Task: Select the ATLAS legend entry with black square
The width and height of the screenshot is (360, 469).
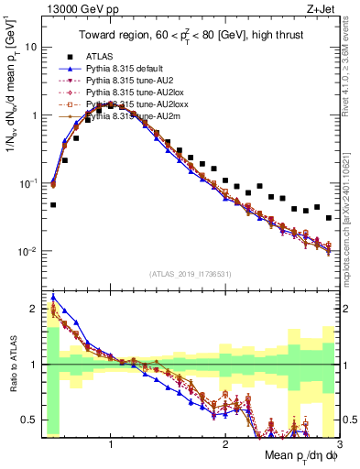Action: (111, 56)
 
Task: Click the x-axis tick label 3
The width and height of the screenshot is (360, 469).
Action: (338, 443)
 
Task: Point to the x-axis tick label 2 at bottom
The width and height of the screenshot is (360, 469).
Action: (225, 443)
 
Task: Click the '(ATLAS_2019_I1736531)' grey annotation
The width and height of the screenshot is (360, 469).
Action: (191, 274)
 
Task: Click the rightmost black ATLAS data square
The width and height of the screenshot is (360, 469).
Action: (329, 218)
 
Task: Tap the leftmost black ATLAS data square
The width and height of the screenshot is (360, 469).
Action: (53, 205)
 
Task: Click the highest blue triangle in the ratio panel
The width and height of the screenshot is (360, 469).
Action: (53, 297)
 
